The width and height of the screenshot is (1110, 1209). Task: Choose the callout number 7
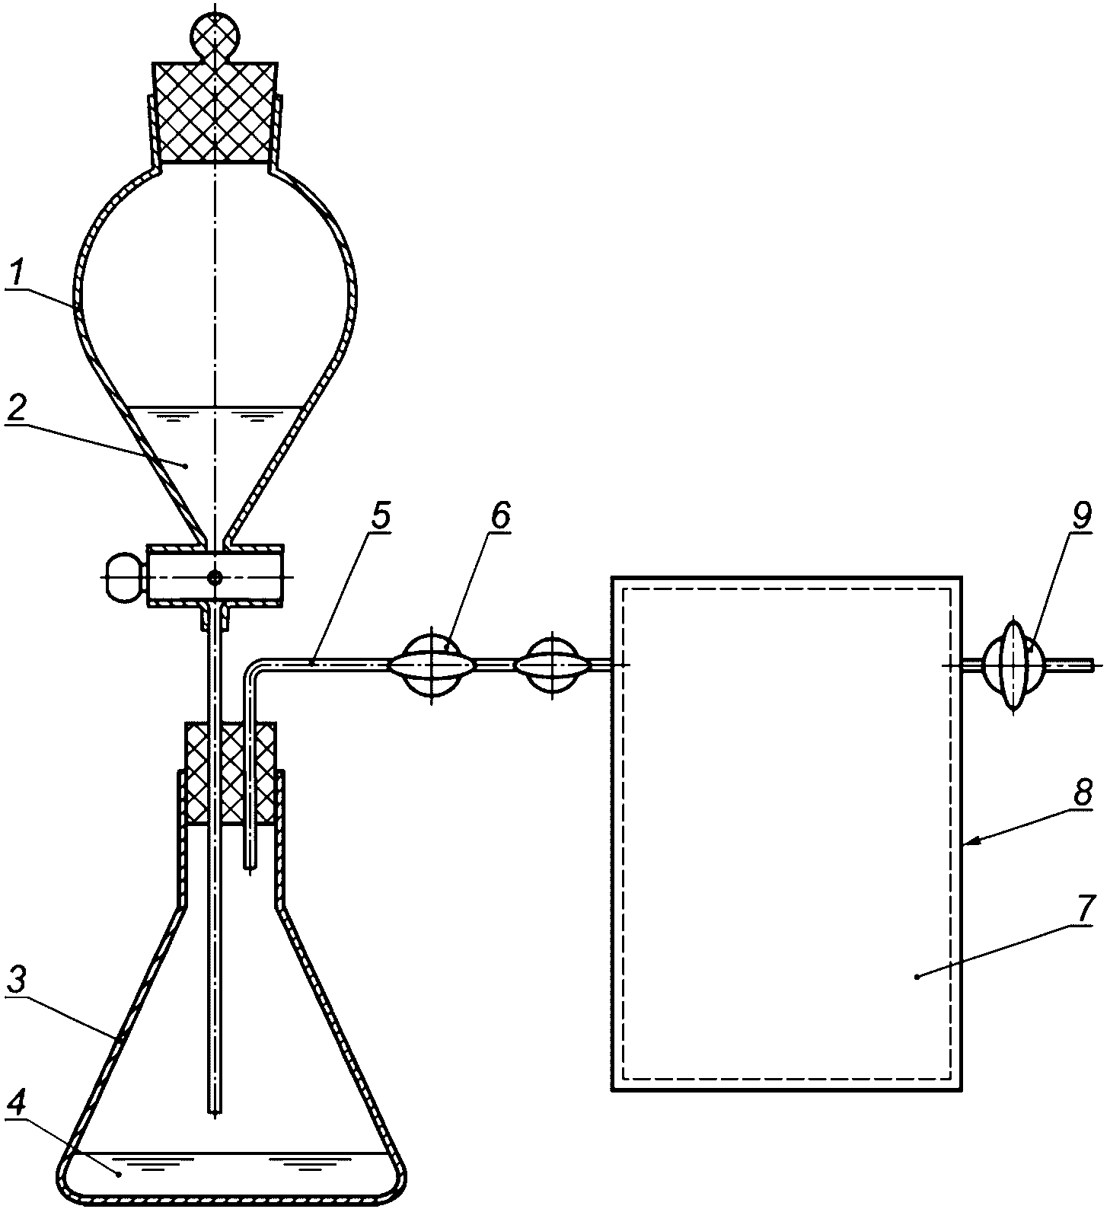point(1084,908)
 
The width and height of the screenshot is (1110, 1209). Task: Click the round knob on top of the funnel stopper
point(215,32)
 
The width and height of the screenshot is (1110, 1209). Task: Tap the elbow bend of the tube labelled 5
point(252,669)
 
